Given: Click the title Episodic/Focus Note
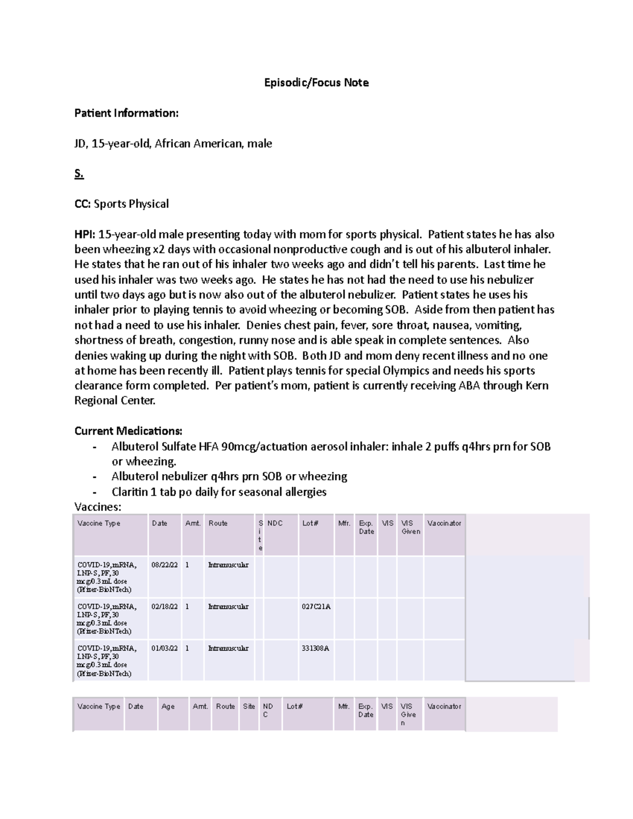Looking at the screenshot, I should (x=316, y=82).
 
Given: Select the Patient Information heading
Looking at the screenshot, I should (x=126, y=113).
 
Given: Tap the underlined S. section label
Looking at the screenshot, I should (x=79, y=174).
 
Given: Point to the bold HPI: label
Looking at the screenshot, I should (x=85, y=234).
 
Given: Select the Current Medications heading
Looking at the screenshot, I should (x=128, y=431).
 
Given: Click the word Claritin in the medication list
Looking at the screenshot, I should (x=130, y=492).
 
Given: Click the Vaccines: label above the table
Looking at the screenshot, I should (x=98, y=507).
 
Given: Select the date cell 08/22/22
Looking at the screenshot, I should (x=165, y=565).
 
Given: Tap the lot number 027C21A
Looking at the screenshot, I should (x=316, y=606).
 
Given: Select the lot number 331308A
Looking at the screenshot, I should (x=315, y=648).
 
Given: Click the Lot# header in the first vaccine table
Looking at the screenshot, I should (x=310, y=523).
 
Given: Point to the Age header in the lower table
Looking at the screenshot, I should (x=168, y=707).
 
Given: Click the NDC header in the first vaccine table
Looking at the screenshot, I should (x=275, y=523).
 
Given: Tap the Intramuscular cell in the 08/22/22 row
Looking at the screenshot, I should (x=228, y=565).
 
